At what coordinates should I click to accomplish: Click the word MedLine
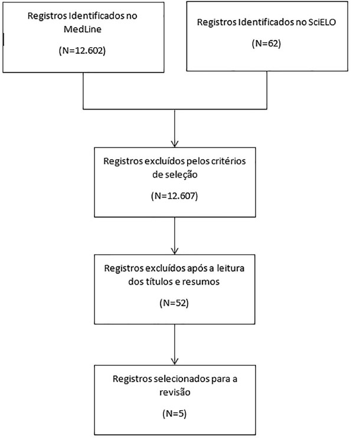point(83,29)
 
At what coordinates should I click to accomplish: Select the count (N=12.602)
point(82,51)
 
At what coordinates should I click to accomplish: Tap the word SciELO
point(322,22)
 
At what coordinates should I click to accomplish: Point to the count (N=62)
point(266,43)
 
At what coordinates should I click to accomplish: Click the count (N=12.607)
point(175,196)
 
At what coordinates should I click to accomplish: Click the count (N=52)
point(174,303)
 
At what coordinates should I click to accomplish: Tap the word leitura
point(230,268)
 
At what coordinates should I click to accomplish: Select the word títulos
point(159,282)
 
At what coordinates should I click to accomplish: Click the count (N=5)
point(174,413)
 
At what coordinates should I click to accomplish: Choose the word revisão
point(175,392)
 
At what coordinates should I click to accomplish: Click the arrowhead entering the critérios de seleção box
point(175,144)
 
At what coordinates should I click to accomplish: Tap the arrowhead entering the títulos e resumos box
point(175,251)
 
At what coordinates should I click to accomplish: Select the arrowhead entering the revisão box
point(175,361)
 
